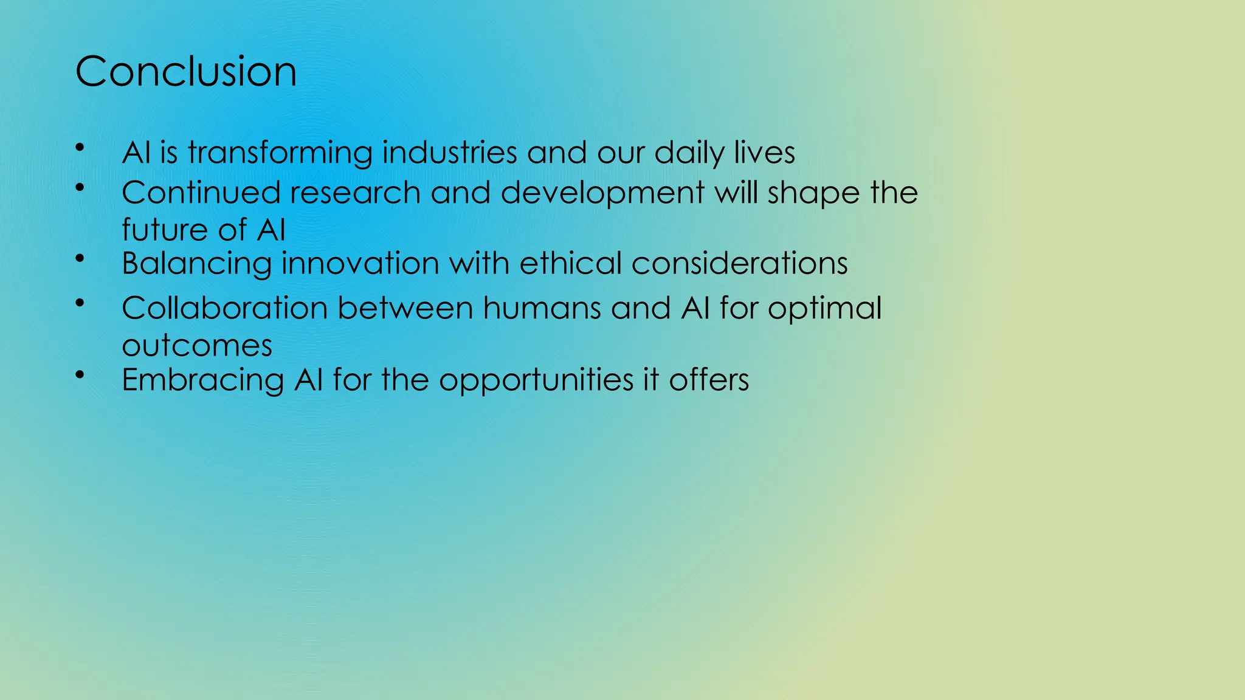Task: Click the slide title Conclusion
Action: [x=185, y=72]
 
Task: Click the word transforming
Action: [x=280, y=153]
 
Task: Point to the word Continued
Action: [x=201, y=193]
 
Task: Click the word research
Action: [x=355, y=193]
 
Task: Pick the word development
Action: [x=602, y=194]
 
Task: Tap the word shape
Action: [x=813, y=194]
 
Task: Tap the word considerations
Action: [x=739, y=263]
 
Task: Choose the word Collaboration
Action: [x=224, y=307]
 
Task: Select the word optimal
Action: [x=824, y=309]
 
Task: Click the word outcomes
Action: [x=197, y=346]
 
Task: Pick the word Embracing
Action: [x=202, y=380]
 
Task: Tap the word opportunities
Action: [x=536, y=381]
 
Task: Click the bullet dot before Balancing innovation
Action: [x=80, y=259]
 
